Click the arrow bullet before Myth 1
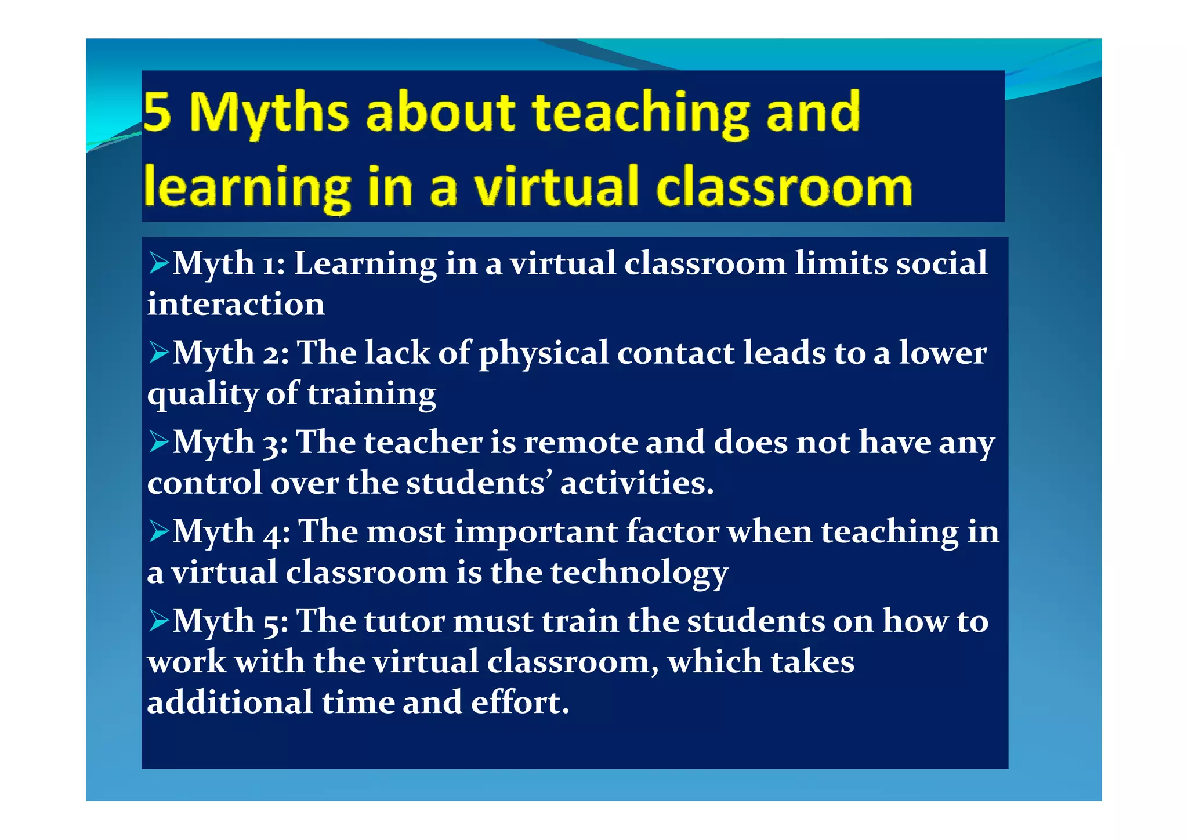pyautogui.click(x=159, y=263)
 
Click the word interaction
pyautogui.click(x=236, y=304)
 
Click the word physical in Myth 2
pyautogui.click(x=544, y=354)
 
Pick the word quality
pyautogui.click(x=202, y=394)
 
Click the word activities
pyautogui.click(x=636, y=483)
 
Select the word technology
pyautogui.click(x=639, y=573)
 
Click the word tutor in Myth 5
pyautogui.click(x=404, y=621)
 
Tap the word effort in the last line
pyautogui.click(x=520, y=703)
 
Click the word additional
pyautogui.click(x=230, y=703)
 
